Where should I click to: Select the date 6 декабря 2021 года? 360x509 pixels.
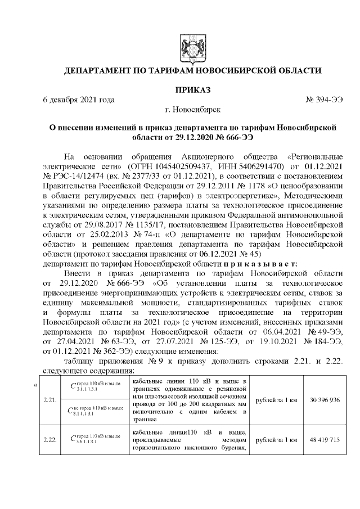point(79,100)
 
